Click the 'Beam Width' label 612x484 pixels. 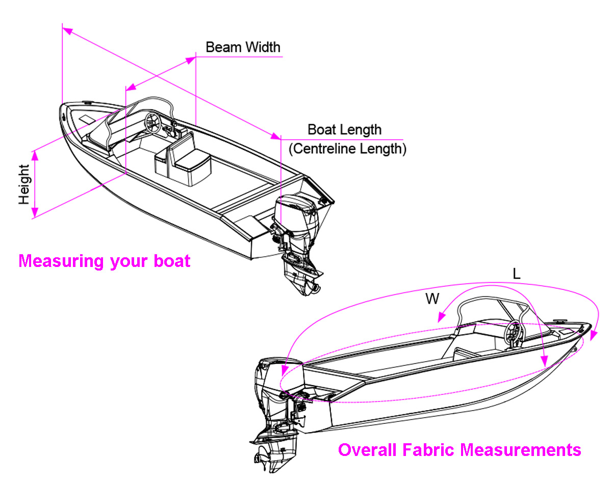(243, 47)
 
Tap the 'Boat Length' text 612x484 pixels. (344, 129)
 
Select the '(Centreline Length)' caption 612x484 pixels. (347, 149)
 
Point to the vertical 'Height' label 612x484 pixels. (24, 184)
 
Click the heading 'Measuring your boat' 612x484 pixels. (104, 261)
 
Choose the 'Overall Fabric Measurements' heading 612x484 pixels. (460, 450)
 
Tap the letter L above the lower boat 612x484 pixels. (517, 274)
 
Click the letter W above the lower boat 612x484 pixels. (432, 299)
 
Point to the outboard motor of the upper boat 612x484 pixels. (296, 229)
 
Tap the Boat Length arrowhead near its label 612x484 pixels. (276, 136)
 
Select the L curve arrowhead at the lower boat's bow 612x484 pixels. (592, 336)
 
